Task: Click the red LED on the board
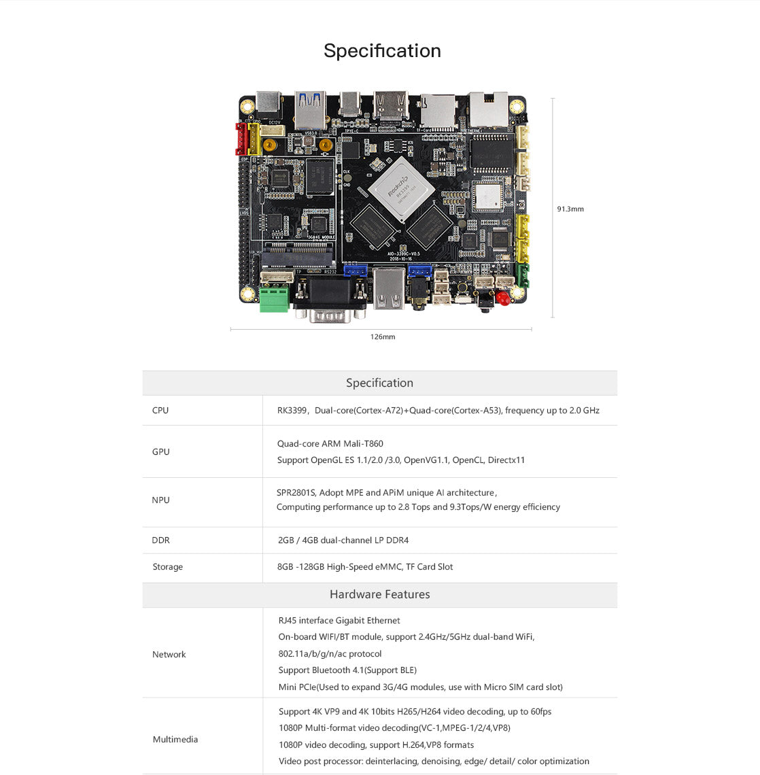pos(503,298)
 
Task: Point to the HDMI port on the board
pos(392,107)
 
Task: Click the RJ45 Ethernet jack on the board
pos(487,109)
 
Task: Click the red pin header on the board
pos(241,139)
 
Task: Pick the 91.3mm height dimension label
pos(570,209)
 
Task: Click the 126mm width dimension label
pos(383,337)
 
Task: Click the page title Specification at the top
pos(382,51)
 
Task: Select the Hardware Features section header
pos(379,594)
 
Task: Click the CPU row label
pos(160,410)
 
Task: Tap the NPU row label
pos(160,500)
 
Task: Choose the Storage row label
pos(167,566)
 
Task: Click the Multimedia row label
pos(175,739)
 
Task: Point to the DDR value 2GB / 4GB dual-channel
pos(343,540)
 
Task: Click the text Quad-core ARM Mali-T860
pos(330,443)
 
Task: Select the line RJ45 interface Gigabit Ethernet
pos(339,620)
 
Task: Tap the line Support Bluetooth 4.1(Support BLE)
pos(347,670)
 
